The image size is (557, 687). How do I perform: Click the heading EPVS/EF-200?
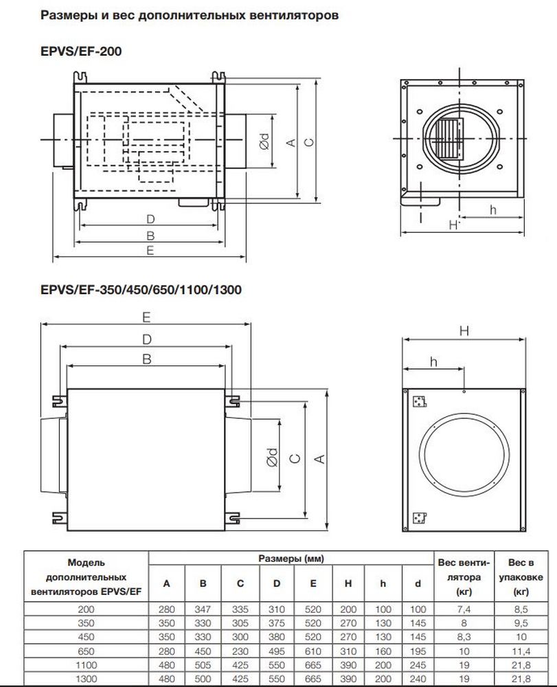[x=82, y=50]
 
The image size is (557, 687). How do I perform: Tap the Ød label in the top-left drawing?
[x=264, y=142]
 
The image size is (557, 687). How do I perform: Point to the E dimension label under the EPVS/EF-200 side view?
[x=150, y=251]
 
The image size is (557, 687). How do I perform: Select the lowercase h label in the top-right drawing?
[x=493, y=210]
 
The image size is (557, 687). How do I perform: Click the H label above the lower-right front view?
[x=464, y=330]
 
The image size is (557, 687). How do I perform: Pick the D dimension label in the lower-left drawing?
[x=146, y=339]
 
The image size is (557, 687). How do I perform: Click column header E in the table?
[x=312, y=584]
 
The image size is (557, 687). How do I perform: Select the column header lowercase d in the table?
[x=418, y=584]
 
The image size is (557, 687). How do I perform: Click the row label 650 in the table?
[x=87, y=649]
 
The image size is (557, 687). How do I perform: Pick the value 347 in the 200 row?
[x=203, y=609]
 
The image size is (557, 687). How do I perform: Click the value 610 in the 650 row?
[x=312, y=649]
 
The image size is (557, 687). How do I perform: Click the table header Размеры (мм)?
[x=291, y=559]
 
